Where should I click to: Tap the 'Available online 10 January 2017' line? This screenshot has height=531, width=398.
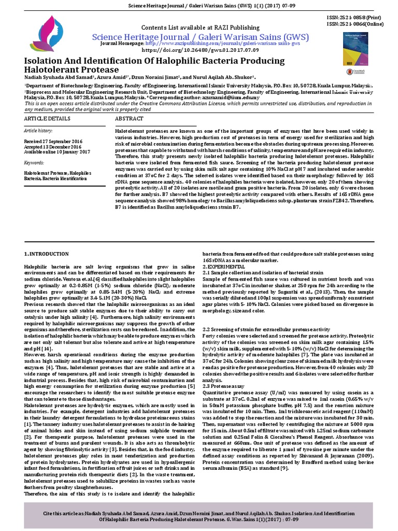pyautogui.click(x=57, y=152)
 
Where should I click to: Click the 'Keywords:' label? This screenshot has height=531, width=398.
pyautogui.click(x=34, y=163)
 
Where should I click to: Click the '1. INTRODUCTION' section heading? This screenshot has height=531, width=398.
pyautogui.click(x=47, y=254)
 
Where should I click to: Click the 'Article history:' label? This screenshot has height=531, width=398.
pyautogui.click(x=38, y=131)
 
